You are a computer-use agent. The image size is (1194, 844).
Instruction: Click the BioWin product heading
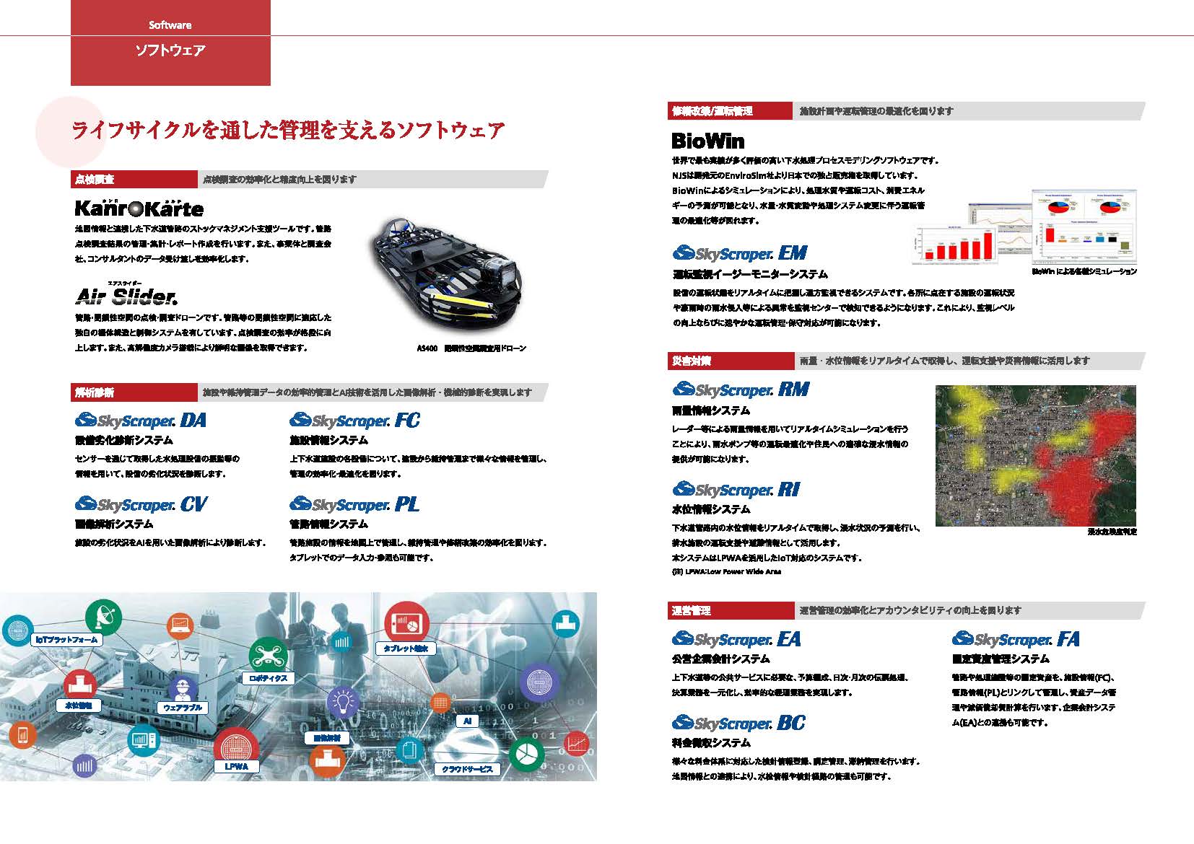click(707, 141)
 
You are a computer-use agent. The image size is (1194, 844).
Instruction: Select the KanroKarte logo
click(139, 208)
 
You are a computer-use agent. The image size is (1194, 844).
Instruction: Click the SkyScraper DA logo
click(141, 421)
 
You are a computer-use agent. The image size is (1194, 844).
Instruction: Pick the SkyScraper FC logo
click(354, 421)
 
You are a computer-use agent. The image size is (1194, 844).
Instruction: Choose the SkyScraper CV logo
click(141, 504)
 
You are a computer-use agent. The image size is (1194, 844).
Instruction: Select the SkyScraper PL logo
click(354, 504)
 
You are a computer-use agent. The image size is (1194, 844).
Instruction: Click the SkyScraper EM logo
click(740, 253)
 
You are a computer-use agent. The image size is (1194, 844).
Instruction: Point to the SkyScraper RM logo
click(741, 390)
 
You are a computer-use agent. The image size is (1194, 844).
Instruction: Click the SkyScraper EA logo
click(736, 639)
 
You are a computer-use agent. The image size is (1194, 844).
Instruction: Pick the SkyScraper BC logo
click(738, 723)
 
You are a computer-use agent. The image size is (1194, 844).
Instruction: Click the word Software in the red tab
click(170, 25)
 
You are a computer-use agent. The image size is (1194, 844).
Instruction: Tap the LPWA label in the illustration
click(236, 766)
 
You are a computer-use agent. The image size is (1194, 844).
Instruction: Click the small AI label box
click(467, 721)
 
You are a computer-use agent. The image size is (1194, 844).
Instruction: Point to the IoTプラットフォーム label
click(66, 640)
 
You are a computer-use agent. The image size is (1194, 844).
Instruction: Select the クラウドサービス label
click(467, 769)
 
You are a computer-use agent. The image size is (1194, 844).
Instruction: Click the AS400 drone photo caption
click(471, 348)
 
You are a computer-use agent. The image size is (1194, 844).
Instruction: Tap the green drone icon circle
click(268, 655)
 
